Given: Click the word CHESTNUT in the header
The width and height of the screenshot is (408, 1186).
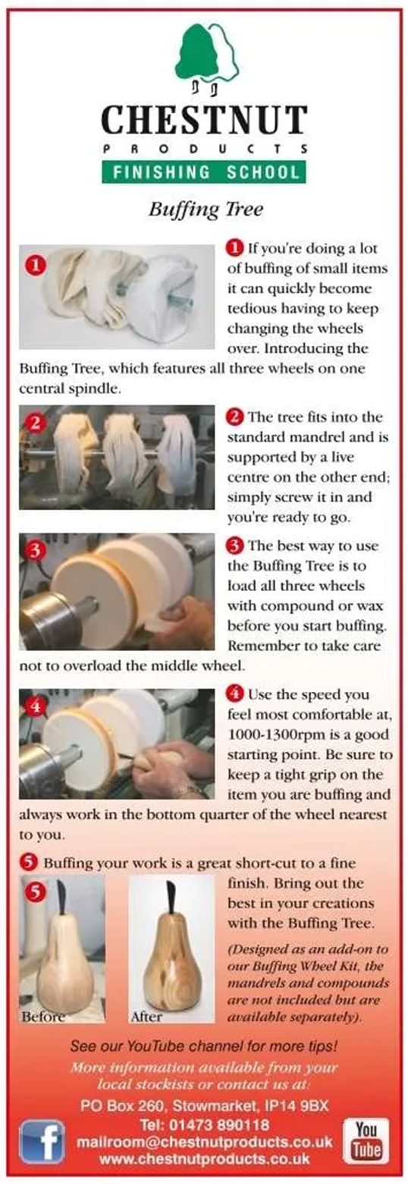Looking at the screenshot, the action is [204, 120].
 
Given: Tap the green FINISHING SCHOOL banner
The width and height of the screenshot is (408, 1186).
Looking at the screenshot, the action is [204, 171].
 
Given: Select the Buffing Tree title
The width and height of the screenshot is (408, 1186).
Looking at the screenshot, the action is [206, 209].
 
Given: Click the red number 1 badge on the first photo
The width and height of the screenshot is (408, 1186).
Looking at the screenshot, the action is [36, 265].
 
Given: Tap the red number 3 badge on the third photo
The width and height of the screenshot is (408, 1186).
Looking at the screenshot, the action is [35, 551].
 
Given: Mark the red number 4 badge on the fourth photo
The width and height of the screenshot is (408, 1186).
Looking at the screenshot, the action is [35, 707].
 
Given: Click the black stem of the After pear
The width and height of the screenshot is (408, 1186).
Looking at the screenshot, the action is [171, 896].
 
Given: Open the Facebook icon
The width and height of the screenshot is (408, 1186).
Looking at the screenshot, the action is [42, 1141].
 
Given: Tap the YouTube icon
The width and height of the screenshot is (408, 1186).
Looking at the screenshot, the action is [366, 1140].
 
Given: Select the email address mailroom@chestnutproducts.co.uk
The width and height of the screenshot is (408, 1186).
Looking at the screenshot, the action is [205, 1141].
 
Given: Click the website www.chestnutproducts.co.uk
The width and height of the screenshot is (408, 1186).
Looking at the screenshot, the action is [205, 1159].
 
